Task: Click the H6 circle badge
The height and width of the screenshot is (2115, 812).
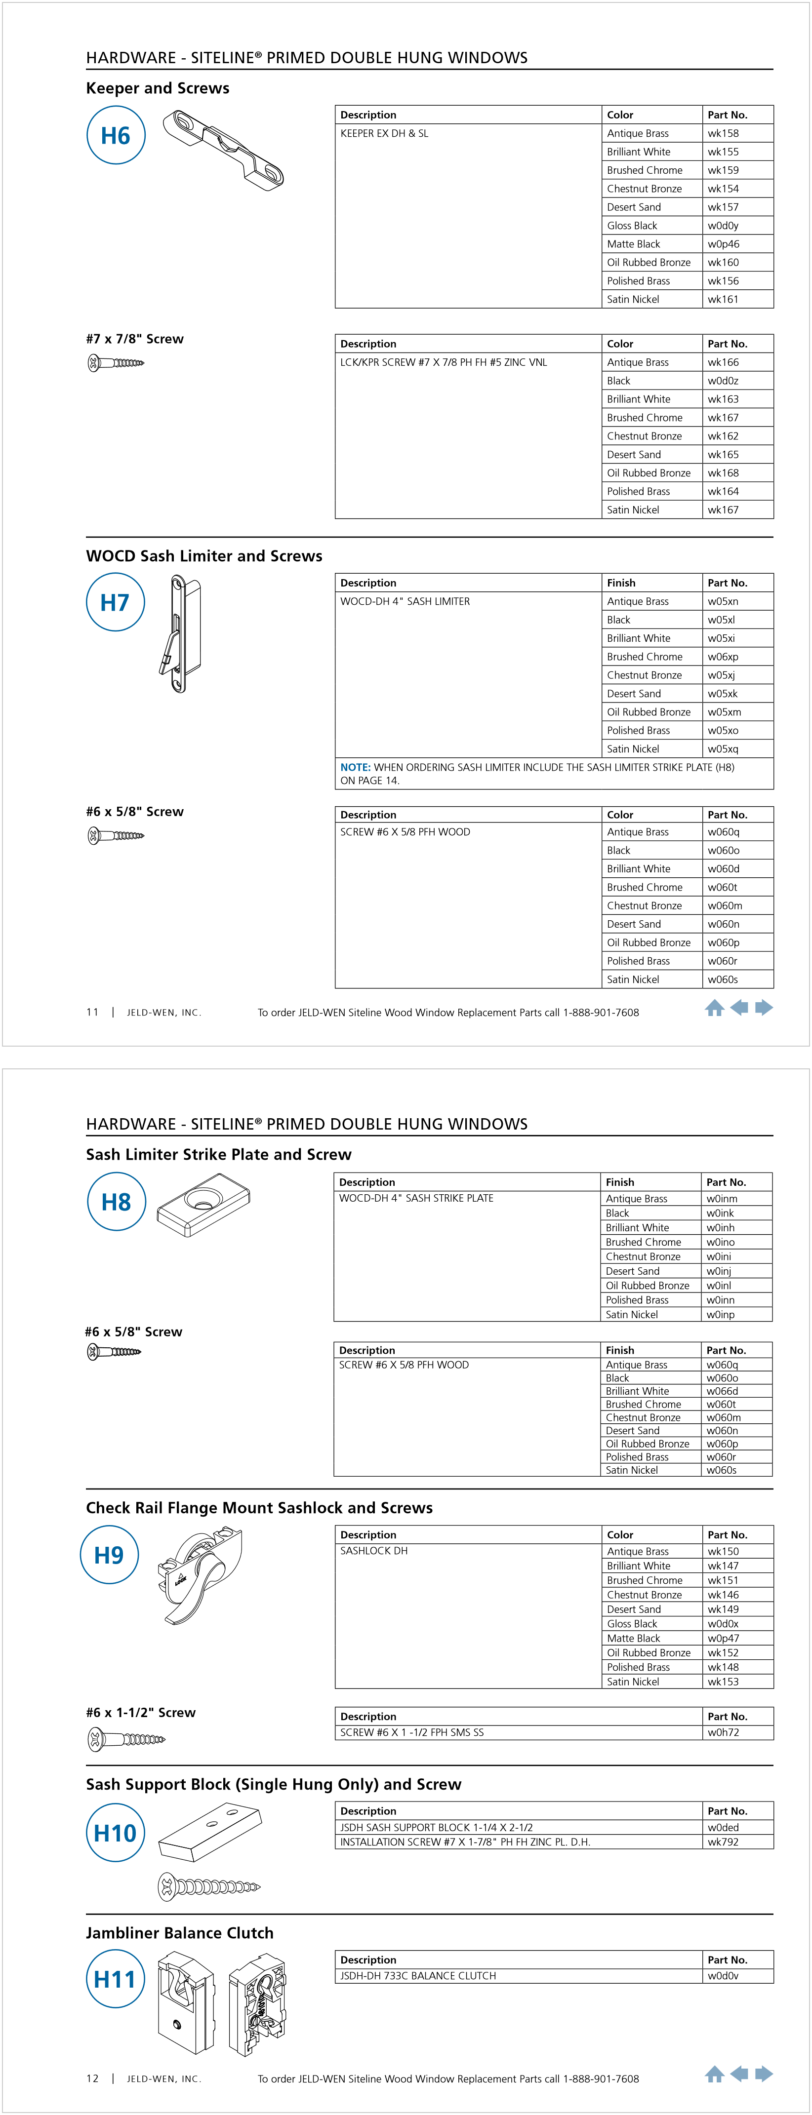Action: coord(116,135)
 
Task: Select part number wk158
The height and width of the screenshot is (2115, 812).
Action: coord(723,133)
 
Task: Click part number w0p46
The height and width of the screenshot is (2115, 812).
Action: coord(723,244)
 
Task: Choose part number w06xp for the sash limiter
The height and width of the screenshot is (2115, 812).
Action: coord(723,657)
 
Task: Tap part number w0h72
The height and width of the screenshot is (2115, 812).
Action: coord(723,1732)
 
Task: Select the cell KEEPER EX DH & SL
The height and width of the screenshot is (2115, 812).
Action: coord(384,133)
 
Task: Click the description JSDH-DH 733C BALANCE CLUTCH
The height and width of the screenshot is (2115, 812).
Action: coord(418,1975)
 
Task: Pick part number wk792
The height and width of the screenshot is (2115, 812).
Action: coord(723,1841)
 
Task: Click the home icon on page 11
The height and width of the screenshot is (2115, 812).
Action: coord(714,1008)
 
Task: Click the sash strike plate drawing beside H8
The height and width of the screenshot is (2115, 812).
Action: coord(203,1204)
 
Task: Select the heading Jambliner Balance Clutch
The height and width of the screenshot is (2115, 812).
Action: coord(180,1933)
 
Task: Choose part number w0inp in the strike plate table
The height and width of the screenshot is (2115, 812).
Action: coord(720,1315)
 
